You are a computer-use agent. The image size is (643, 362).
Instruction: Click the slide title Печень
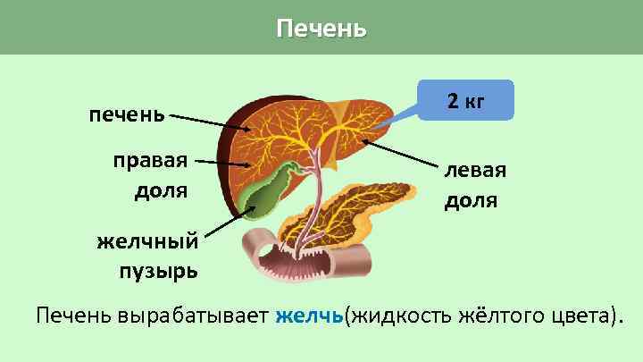[321, 29]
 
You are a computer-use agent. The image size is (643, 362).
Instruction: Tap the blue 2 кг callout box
[466, 100]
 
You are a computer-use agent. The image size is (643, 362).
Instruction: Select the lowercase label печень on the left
[126, 114]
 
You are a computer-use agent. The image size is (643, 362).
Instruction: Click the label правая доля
[150, 176]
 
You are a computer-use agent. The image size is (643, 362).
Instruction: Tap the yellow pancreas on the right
[375, 215]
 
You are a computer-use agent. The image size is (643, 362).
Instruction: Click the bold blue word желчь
[310, 316]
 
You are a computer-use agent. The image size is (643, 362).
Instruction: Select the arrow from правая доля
[223, 164]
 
